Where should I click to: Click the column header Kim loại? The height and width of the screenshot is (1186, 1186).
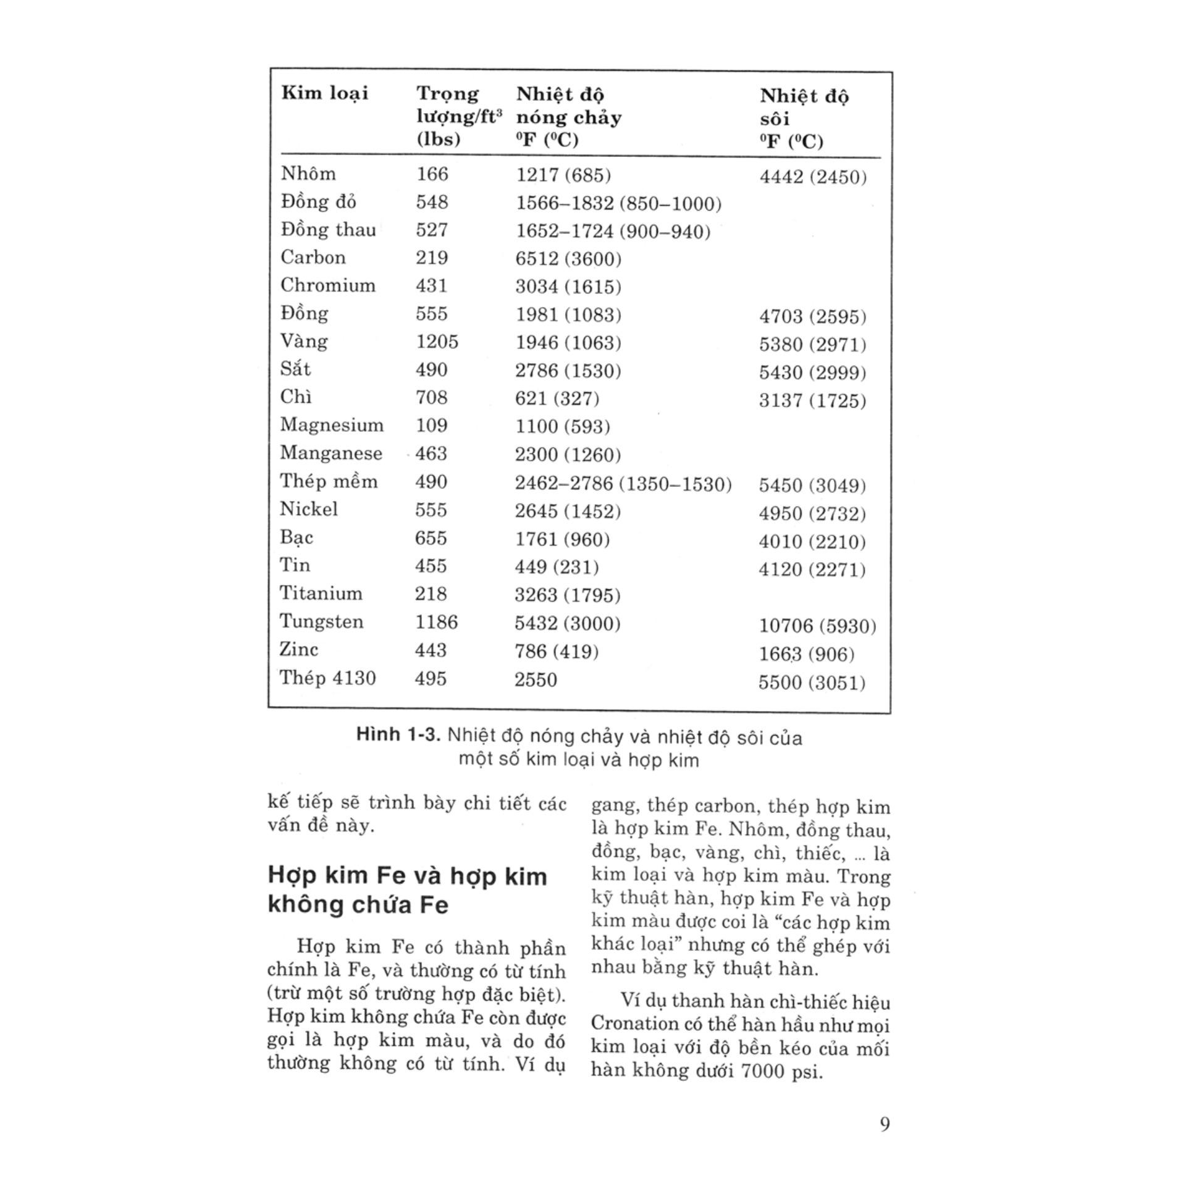coord(324,93)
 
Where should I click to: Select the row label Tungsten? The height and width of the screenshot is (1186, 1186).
coord(321,621)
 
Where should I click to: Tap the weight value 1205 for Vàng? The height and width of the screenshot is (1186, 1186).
coord(437,342)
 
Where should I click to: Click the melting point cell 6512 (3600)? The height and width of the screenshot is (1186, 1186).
coord(568,258)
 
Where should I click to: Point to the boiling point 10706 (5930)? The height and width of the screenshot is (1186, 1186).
coord(817,626)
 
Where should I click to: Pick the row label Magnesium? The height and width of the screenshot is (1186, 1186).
coord(332,425)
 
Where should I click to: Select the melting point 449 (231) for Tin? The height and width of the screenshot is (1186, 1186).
coord(557,566)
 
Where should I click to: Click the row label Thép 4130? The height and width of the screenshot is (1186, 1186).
coord(327,678)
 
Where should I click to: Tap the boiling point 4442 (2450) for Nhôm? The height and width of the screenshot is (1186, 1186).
coord(813,177)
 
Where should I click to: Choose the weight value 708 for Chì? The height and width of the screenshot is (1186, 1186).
coord(431,397)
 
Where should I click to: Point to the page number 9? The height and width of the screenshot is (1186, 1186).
coord(885,1124)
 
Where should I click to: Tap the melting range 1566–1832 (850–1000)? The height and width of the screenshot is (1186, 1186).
coord(618,203)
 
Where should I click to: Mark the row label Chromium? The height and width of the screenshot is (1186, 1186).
coord(327,285)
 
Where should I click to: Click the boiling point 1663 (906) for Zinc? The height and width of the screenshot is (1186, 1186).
coord(807,654)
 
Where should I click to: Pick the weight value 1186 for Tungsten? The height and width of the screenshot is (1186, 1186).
coord(436,622)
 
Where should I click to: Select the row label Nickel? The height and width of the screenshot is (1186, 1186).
coord(309,510)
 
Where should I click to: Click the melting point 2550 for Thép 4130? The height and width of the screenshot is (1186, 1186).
coord(536,680)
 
